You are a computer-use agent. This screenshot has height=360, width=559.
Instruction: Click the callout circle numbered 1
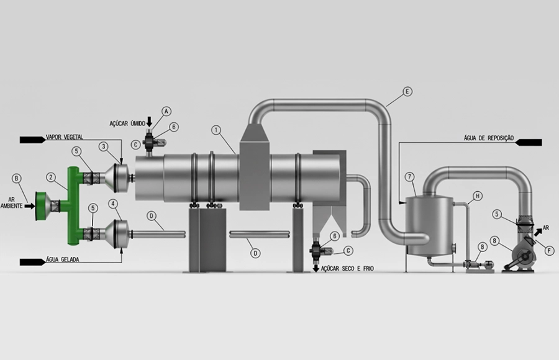(x=216, y=130)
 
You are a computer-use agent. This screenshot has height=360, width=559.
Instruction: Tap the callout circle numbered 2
(x=51, y=177)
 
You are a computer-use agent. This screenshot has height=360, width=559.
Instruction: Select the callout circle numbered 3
(x=103, y=146)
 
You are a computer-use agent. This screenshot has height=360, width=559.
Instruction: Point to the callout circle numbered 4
(x=113, y=204)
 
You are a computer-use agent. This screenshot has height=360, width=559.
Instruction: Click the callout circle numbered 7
(x=410, y=177)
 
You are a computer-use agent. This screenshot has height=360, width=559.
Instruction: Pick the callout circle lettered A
(x=166, y=111)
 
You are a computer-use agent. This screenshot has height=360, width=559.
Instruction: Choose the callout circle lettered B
(x=16, y=178)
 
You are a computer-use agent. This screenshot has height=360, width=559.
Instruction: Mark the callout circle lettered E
(x=407, y=92)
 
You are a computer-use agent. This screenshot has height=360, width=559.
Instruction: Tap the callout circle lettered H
(x=478, y=196)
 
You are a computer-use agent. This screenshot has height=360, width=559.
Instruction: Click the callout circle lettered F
(x=550, y=251)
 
